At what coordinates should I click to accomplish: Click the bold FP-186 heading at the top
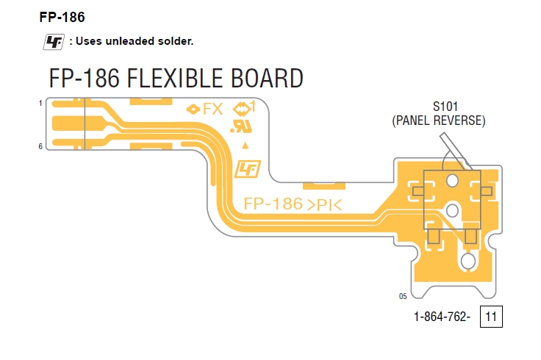[x=62, y=17]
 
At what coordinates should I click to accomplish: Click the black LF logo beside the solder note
[x=54, y=42]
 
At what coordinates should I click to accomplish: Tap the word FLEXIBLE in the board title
[x=175, y=78]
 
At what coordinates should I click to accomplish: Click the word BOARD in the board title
[x=267, y=78]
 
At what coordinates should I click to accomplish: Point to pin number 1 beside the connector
[x=40, y=103]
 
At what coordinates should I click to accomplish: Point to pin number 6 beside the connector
[x=40, y=146]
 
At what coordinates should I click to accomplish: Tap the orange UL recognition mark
[x=241, y=126]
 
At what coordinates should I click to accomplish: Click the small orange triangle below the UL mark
[x=246, y=145]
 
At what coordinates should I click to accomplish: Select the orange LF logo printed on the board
[x=248, y=169]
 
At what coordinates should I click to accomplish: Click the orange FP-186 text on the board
[x=273, y=204]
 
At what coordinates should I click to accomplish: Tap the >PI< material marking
[x=324, y=205]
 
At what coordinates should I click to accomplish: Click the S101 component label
[x=445, y=107]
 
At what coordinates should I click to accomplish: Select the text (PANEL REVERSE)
[x=439, y=120]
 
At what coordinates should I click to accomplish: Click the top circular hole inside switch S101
[x=452, y=180]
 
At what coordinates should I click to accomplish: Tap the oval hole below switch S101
[x=468, y=261]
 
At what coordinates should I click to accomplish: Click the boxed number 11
[x=491, y=317]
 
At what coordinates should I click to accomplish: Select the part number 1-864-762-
[x=442, y=317]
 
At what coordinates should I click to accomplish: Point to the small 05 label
[x=403, y=296]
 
